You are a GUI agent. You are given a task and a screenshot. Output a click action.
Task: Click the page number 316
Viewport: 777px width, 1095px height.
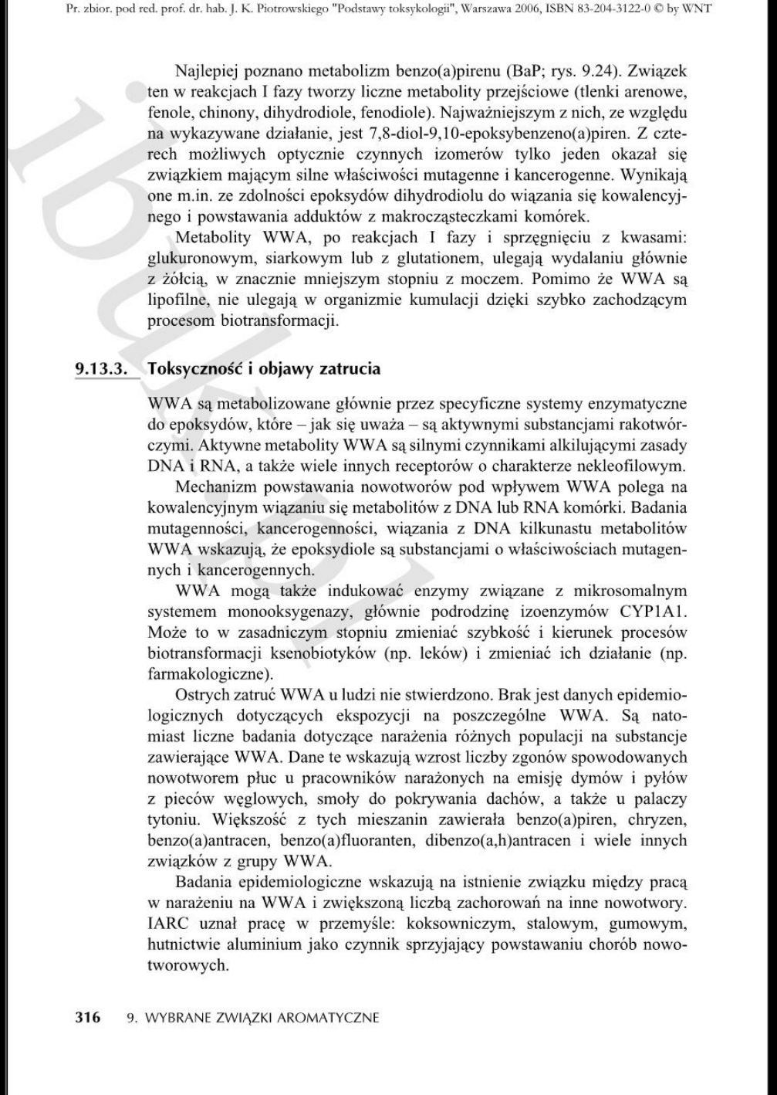coord(87,1018)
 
